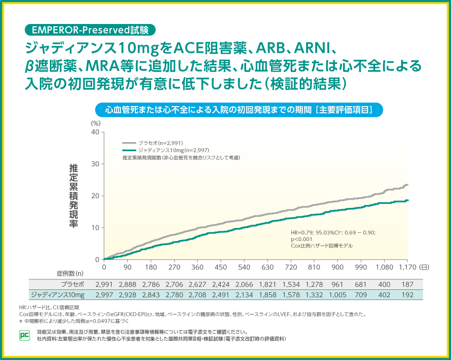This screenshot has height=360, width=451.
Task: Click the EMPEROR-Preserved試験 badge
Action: (90, 29)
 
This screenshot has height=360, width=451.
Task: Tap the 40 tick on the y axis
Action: (95, 132)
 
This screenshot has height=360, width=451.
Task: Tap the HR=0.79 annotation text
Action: (333, 233)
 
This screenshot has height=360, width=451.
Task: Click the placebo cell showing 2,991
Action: (104, 284)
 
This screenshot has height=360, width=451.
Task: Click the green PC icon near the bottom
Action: (24, 335)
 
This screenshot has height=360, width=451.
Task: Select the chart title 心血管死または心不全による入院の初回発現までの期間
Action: (239, 109)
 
